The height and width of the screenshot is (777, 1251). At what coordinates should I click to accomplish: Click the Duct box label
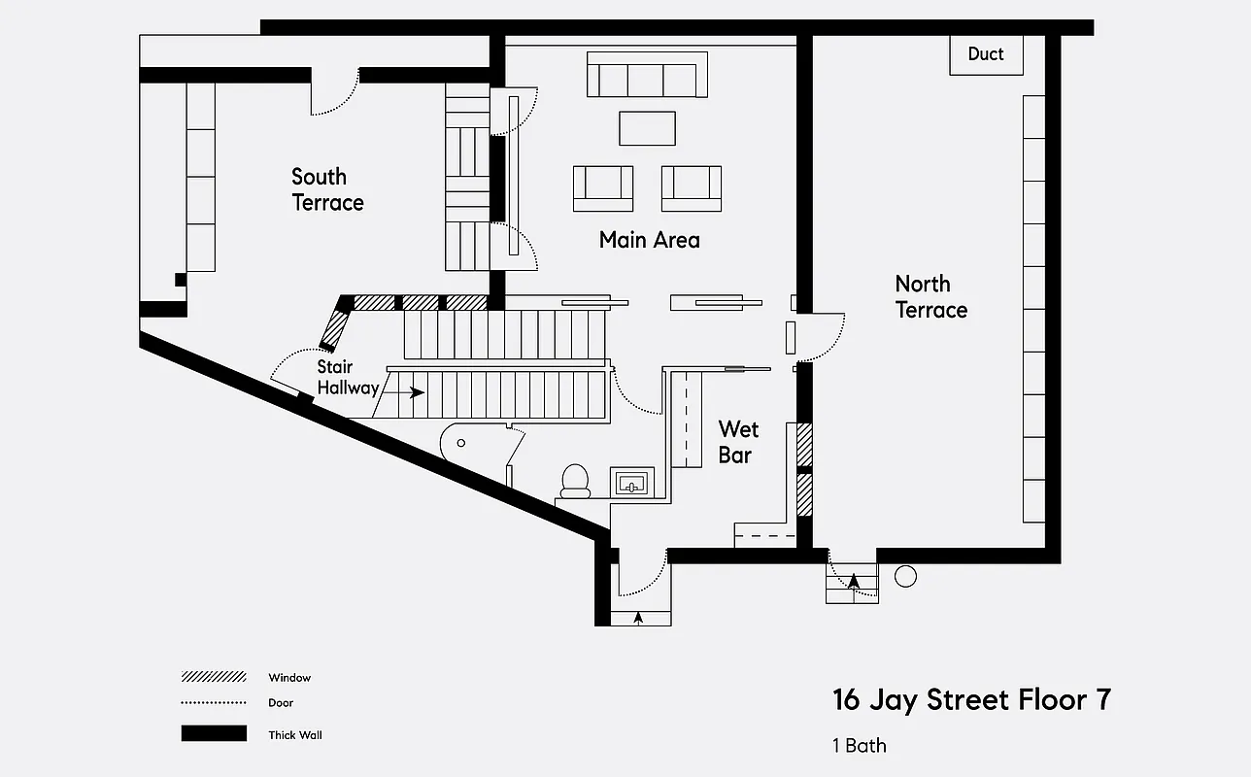click(985, 54)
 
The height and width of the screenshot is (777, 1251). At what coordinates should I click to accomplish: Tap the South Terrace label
click(327, 189)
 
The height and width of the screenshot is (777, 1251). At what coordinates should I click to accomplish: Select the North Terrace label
click(930, 296)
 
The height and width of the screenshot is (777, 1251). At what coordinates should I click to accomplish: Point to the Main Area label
click(649, 240)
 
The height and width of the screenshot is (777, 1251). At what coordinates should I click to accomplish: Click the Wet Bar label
click(738, 442)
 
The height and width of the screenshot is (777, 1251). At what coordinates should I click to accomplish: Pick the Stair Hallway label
click(348, 378)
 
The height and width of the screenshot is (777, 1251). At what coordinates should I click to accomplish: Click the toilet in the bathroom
click(575, 480)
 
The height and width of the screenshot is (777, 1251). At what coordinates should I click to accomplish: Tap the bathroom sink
click(631, 482)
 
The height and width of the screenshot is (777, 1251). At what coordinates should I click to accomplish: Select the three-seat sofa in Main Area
click(647, 76)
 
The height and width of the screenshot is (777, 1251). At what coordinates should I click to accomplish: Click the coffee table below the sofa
click(647, 128)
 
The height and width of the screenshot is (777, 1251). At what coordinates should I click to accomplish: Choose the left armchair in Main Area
click(603, 188)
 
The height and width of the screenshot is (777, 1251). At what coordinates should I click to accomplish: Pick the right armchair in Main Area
click(692, 188)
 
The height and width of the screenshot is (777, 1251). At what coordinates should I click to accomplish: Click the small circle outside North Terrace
click(905, 576)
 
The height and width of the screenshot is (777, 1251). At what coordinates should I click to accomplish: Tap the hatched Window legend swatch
click(214, 677)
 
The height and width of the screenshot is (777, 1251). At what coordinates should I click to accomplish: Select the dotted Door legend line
click(214, 702)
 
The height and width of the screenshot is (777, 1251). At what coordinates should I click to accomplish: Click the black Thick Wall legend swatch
click(214, 734)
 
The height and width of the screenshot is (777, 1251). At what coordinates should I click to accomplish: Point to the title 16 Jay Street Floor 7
click(971, 700)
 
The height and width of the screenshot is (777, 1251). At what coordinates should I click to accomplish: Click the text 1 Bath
click(859, 746)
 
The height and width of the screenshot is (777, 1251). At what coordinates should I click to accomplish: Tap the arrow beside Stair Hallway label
click(415, 393)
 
